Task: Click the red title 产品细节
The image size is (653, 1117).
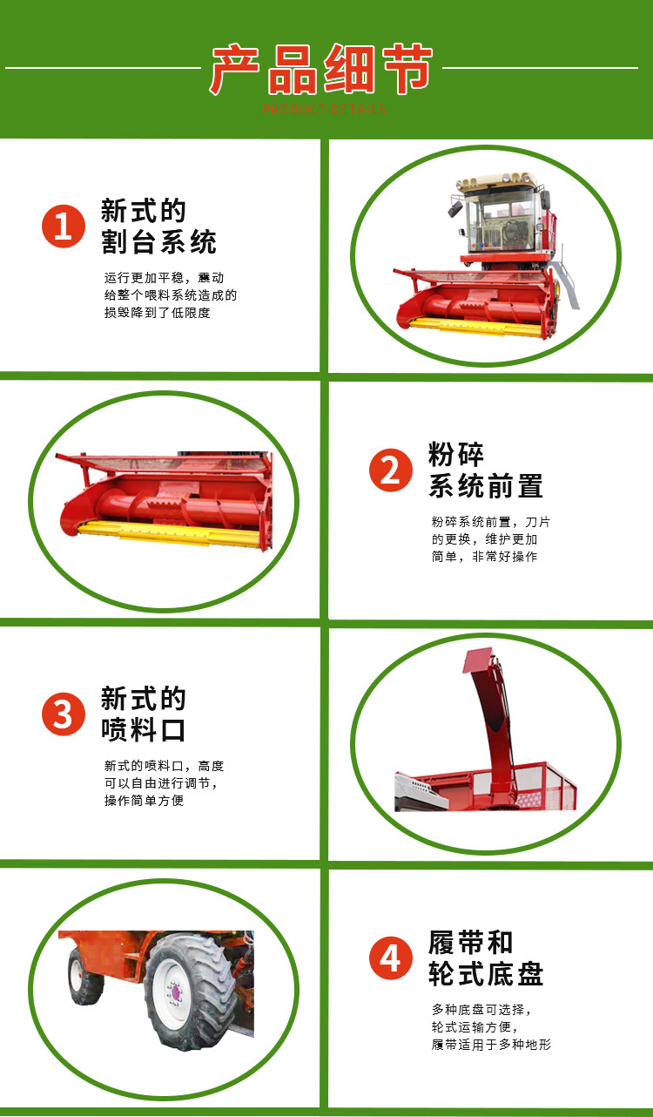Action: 321,71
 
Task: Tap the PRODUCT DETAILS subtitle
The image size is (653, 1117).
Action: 323,110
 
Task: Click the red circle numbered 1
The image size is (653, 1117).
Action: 63,227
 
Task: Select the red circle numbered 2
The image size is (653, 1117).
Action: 390,471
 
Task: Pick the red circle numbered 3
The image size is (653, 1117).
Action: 63,715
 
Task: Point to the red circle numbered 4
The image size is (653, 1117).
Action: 390,959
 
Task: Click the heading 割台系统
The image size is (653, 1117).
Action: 158,242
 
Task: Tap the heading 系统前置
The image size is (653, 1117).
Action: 485,486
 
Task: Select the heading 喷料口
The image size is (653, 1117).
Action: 144,730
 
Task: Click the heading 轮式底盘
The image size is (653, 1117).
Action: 485,974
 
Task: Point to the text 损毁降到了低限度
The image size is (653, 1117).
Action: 158,313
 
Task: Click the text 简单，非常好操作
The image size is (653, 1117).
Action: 484,557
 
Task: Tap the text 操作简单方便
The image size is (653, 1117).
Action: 145,801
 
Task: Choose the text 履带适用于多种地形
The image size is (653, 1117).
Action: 491,1045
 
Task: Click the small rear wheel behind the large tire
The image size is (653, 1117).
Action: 86,977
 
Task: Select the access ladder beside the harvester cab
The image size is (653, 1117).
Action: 566,277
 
